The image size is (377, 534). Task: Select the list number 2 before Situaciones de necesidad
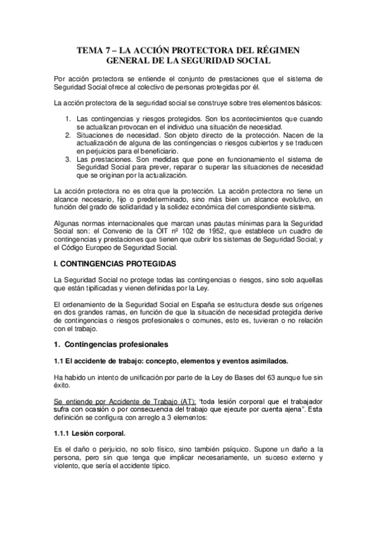(x=67, y=135)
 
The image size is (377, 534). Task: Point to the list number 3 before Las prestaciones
(x=67, y=160)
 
